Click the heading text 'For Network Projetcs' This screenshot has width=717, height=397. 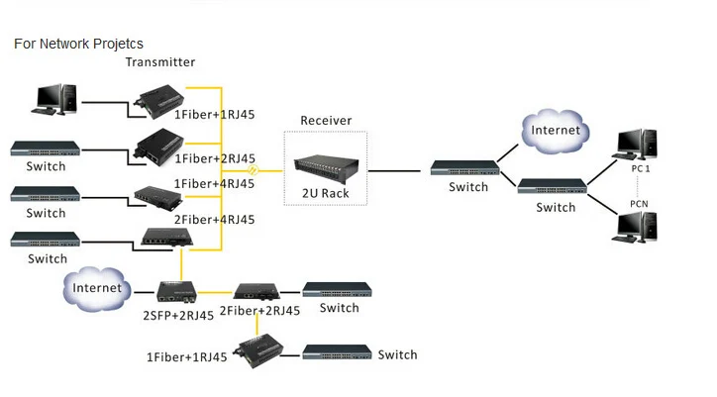click(78, 45)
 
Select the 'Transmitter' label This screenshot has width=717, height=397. click(159, 62)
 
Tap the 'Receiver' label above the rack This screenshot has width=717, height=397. click(326, 121)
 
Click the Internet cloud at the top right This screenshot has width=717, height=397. click(557, 131)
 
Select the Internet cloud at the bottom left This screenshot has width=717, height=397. click(97, 288)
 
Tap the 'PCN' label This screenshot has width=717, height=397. click(640, 204)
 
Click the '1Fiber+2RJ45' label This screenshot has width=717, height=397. click(215, 158)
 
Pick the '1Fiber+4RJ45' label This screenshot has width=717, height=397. click(214, 183)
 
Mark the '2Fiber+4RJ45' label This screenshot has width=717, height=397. click(215, 219)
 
